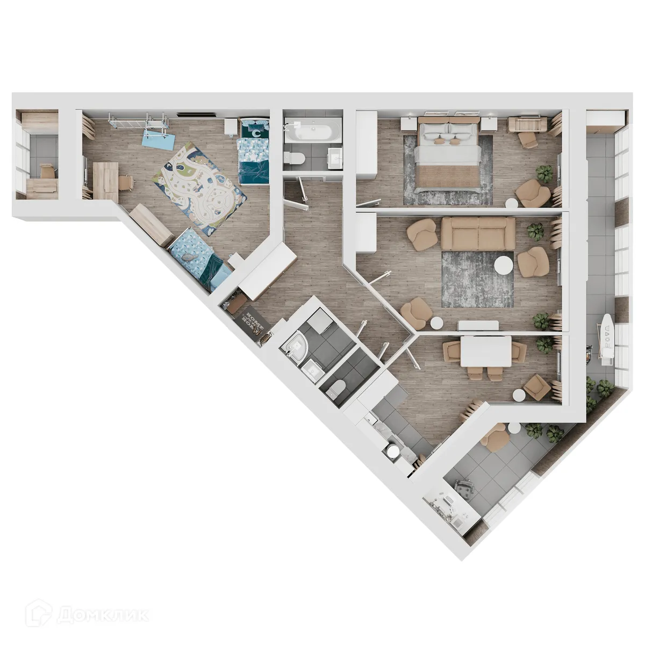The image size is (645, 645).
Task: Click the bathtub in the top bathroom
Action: click(x=312, y=131)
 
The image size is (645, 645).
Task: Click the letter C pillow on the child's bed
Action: click(x=257, y=131)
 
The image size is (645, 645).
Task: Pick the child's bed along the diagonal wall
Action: click(x=199, y=258)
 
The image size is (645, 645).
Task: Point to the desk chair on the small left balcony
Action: click(x=47, y=171)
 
